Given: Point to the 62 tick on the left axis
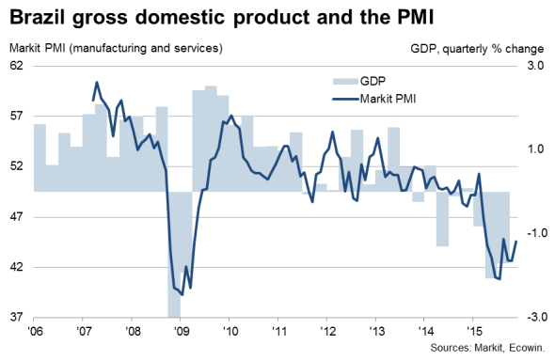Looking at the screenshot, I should [16, 66].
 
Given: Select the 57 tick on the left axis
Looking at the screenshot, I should [16, 116].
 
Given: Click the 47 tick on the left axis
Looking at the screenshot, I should [16, 216].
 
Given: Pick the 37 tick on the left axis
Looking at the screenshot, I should [16, 317].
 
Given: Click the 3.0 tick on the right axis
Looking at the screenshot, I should [535, 66].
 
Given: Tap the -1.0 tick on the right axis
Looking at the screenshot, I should [533, 233].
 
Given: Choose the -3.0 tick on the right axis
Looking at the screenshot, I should [533, 317].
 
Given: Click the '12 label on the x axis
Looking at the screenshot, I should [327, 332].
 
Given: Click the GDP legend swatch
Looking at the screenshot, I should [345, 84].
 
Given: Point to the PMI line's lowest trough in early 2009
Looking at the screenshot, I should [182, 291].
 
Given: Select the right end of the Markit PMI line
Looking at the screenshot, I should [516, 243].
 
